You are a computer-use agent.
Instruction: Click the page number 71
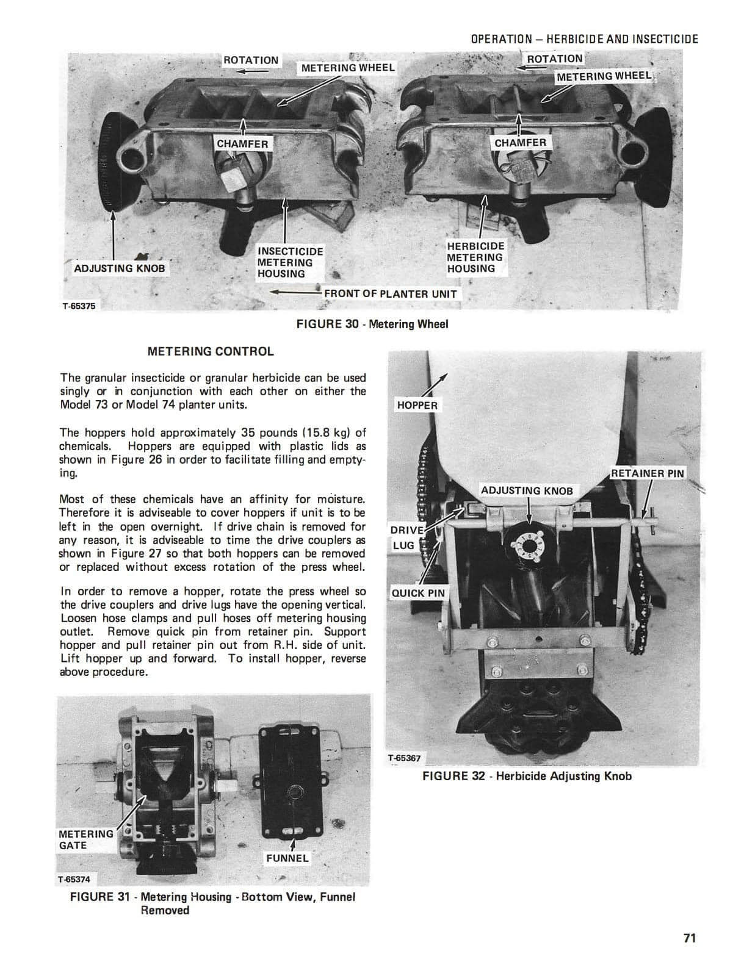tap(689, 938)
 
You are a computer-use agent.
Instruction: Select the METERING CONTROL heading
tap(211, 351)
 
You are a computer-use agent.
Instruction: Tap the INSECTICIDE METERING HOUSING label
tap(290, 262)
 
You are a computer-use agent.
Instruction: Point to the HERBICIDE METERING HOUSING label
tap(475, 257)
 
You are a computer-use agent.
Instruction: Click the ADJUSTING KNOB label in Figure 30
tap(119, 268)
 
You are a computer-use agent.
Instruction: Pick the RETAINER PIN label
tap(648, 473)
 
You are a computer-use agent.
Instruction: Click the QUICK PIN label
tap(418, 593)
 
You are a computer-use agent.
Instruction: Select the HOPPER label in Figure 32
tap(417, 405)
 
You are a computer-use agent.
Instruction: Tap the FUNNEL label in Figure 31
tap(287, 858)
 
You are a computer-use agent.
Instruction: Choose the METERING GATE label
tap(85, 840)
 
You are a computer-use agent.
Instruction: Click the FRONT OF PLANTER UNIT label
tap(390, 293)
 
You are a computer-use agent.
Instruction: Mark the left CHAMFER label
tap(242, 144)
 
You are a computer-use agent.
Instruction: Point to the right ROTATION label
tap(554, 59)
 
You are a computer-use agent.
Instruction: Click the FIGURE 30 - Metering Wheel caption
tap(372, 324)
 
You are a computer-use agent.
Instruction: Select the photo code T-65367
tap(404, 759)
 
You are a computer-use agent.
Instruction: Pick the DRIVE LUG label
tap(403, 537)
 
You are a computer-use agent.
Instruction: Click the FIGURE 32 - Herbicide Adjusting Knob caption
tap(527, 776)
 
